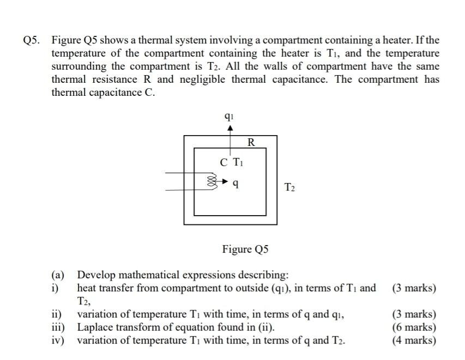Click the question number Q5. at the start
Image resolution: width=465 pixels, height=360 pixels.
34,41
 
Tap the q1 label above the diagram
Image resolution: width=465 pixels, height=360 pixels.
230,116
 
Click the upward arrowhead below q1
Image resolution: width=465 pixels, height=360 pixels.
230,129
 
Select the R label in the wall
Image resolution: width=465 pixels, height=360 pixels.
251,143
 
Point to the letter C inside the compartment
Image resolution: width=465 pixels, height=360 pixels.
224,162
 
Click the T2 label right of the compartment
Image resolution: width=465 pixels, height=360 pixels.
289,188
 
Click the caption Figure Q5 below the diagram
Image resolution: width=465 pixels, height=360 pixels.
245,249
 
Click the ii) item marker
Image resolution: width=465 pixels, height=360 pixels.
56,314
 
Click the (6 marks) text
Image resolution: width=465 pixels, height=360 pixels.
414,327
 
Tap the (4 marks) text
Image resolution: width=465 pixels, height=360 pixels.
414,340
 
